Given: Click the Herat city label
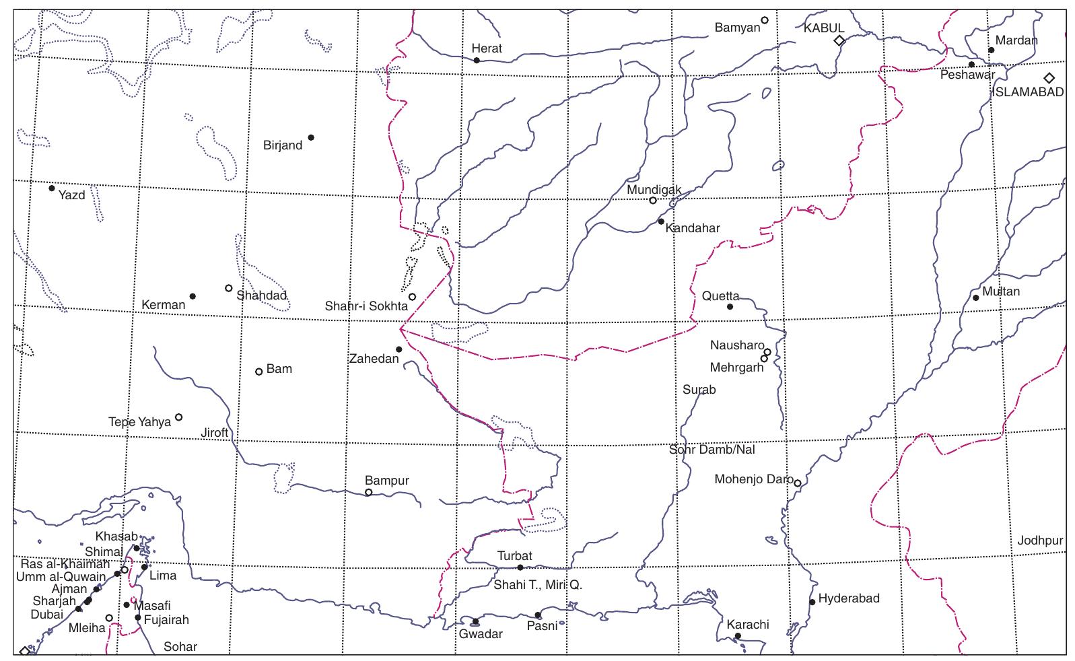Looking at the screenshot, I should click(486, 48).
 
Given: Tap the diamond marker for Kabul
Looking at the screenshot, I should click(839, 40).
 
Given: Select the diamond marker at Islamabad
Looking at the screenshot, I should click(1049, 78).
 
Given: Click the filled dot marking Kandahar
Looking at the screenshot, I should click(661, 221).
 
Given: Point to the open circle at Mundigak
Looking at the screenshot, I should click(652, 200).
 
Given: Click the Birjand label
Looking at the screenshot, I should click(282, 145).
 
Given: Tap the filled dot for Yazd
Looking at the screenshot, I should click(52, 188).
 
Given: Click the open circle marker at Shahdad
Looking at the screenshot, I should click(228, 288).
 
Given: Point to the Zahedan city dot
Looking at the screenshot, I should click(398, 349).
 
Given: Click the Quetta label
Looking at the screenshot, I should click(720, 296).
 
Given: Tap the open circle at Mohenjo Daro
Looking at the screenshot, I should click(797, 483).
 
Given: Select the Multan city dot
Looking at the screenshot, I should click(975, 298).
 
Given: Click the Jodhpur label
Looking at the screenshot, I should click(1040, 541).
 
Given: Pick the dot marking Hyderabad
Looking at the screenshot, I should click(812, 602).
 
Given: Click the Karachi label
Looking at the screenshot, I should click(747, 625).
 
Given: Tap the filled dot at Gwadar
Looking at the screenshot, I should click(475, 621).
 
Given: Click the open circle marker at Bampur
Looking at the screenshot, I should click(368, 492).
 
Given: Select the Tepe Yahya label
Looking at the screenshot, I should click(139, 422).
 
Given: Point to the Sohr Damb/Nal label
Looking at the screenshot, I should click(712, 450).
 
